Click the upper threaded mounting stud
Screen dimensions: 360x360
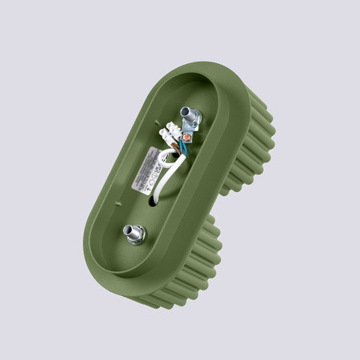(190, 118)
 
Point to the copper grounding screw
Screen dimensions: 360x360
(187, 147)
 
